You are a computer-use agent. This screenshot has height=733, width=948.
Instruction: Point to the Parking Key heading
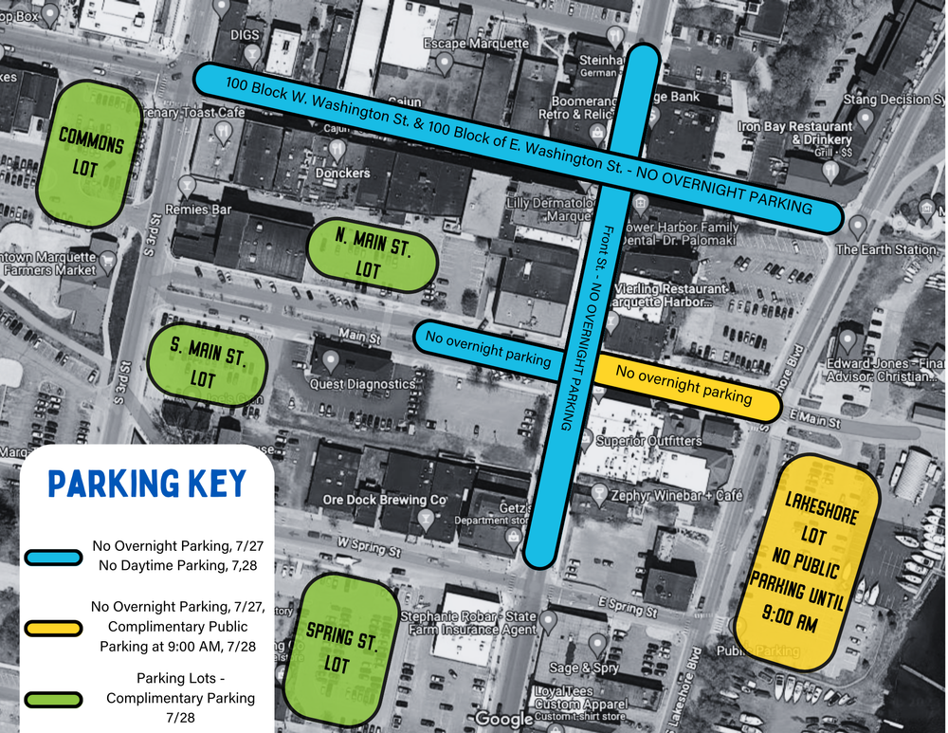tap(146, 484)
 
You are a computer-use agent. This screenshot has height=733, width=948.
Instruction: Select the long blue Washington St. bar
tap(517, 148)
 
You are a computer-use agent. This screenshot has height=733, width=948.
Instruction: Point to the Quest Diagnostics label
tap(362, 384)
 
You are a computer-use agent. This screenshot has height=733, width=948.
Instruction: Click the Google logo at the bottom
tap(504, 719)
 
